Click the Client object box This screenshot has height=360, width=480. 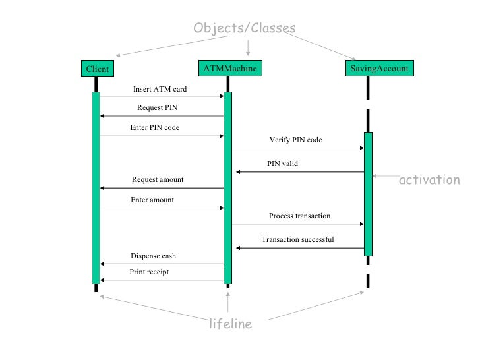coord(98,69)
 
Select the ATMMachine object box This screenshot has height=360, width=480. coord(230,68)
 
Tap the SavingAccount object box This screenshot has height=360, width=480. coord(380,68)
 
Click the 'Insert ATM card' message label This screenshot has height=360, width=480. coord(160,89)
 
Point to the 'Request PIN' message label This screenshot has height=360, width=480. coord(158,107)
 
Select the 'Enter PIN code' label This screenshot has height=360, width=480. coord(155,127)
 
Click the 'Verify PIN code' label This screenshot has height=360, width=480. coord(295,140)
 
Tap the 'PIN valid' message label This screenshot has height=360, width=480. coord(283,164)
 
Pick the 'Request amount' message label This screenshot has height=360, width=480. coord(158,179)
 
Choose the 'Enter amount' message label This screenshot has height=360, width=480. coord(152,200)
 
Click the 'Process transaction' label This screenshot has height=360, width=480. coord(300,216)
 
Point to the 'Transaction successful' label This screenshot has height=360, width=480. coord(298,239)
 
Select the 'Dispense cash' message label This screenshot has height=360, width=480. coord(154,256)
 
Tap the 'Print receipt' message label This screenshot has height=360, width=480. coord(149,272)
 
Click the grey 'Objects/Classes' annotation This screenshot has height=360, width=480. coord(245,28)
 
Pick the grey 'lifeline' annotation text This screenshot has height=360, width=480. coord(231,324)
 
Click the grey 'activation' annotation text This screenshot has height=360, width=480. coord(429,180)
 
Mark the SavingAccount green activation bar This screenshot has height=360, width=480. coord(369,194)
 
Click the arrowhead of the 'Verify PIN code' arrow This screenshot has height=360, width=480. coord(362,148)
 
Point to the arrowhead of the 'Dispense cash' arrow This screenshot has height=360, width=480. coord(102,264)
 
